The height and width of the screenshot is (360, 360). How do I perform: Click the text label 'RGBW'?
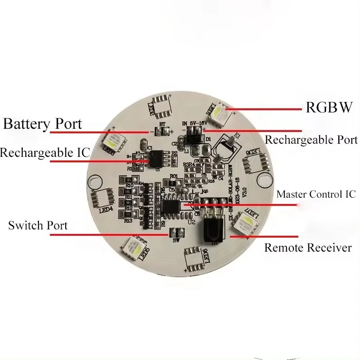(x=329, y=107)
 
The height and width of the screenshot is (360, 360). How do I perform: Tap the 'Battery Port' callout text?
(x=43, y=123)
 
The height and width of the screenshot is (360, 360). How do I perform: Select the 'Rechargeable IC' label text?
(x=44, y=152)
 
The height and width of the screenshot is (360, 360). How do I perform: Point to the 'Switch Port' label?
(x=38, y=225)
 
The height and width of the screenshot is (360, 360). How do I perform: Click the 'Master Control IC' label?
(x=316, y=195)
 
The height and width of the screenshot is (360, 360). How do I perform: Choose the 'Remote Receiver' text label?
(x=308, y=248)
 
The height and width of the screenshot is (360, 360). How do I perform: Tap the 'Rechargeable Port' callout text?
(x=311, y=140)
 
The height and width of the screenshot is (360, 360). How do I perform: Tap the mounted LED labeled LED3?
(x=114, y=140)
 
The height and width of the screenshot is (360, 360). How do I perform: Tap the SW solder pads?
(x=176, y=232)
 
